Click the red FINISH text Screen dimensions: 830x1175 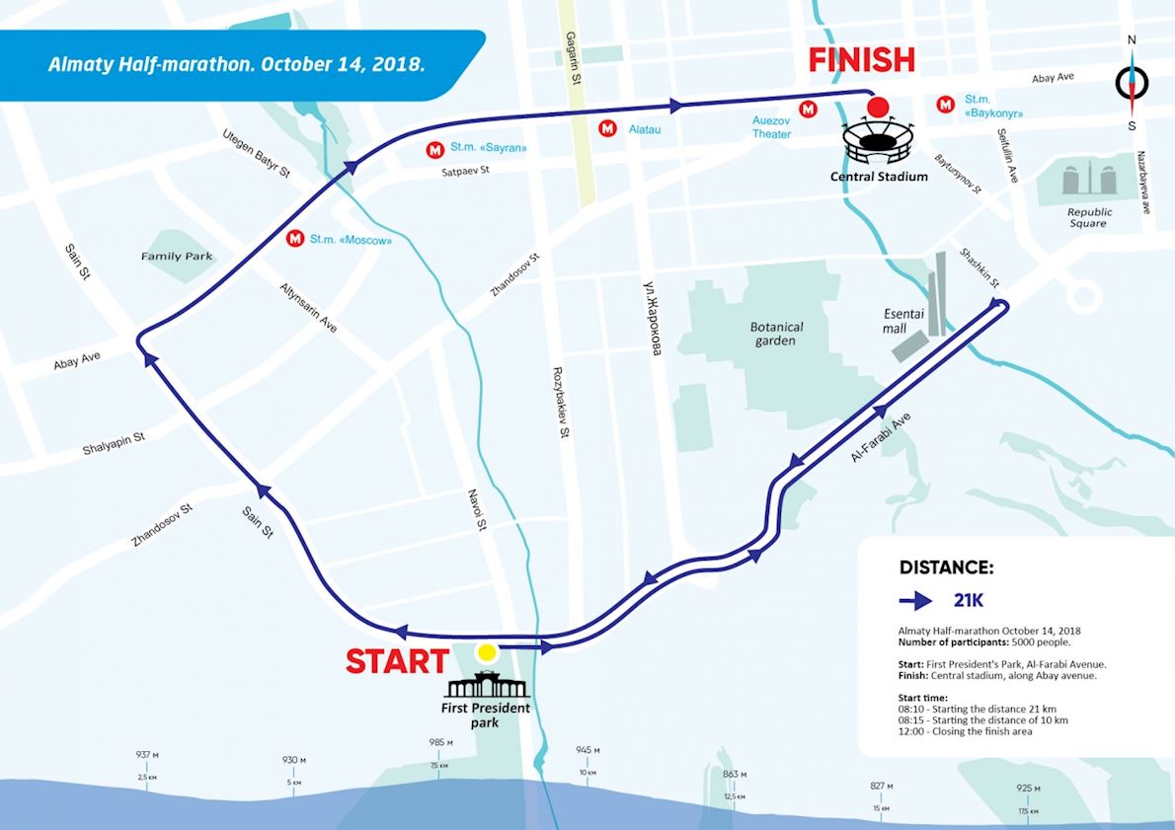862,59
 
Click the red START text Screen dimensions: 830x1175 397,661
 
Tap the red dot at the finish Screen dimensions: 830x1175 874,107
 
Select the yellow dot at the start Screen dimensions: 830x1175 486,652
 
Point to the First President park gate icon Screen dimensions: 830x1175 485,685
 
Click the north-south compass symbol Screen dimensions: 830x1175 1132,83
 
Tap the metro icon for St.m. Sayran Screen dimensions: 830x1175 433,150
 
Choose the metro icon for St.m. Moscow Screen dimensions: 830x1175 294,238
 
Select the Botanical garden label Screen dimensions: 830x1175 777,334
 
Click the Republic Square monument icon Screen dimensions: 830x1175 1089,181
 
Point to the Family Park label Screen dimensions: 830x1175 177,257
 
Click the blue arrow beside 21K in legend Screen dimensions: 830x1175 915,600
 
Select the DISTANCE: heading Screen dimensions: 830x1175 946,567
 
